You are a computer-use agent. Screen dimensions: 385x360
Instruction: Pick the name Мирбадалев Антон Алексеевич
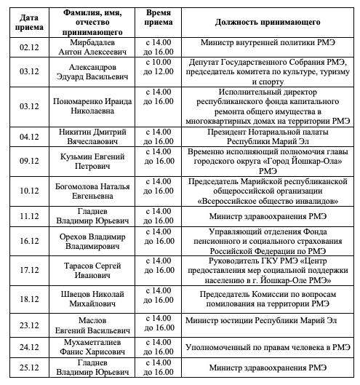pyautogui.click(x=92, y=47)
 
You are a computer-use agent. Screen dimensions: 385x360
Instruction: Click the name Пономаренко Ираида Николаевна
pyautogui.click(x=92, y=107)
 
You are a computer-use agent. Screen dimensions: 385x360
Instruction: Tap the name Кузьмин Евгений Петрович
pyautogui.click(x=92, y=162)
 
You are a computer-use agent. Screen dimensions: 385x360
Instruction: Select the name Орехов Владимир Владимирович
pyautogui.click(x=92, y=241)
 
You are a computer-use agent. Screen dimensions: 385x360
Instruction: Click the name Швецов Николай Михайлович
pyautogui.click(x=92, y=301)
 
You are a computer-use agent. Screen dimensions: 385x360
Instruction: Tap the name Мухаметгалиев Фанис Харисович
pyautogui.click(x=92, y=346)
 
